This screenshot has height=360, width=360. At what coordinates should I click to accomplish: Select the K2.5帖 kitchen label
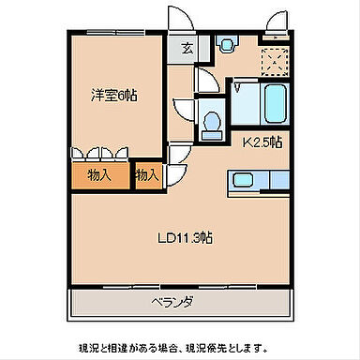point(262,143)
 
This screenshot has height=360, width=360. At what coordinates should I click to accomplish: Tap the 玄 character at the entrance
point(187,47)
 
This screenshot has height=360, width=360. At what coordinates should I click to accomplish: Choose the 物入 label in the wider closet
point(99,174)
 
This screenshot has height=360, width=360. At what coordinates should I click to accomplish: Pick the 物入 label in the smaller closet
point(146,174)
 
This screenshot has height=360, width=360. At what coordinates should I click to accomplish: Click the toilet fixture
point(213,120)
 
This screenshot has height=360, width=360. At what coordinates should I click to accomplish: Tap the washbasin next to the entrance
point(226,44)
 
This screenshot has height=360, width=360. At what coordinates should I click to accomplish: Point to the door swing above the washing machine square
point(275,21)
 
